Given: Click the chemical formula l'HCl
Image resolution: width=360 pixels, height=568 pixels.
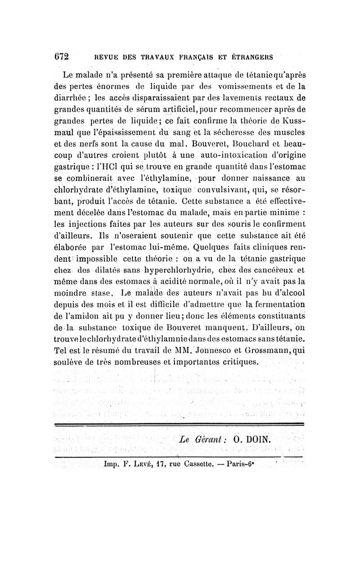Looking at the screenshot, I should pyautogui.click(x=130, y=169).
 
